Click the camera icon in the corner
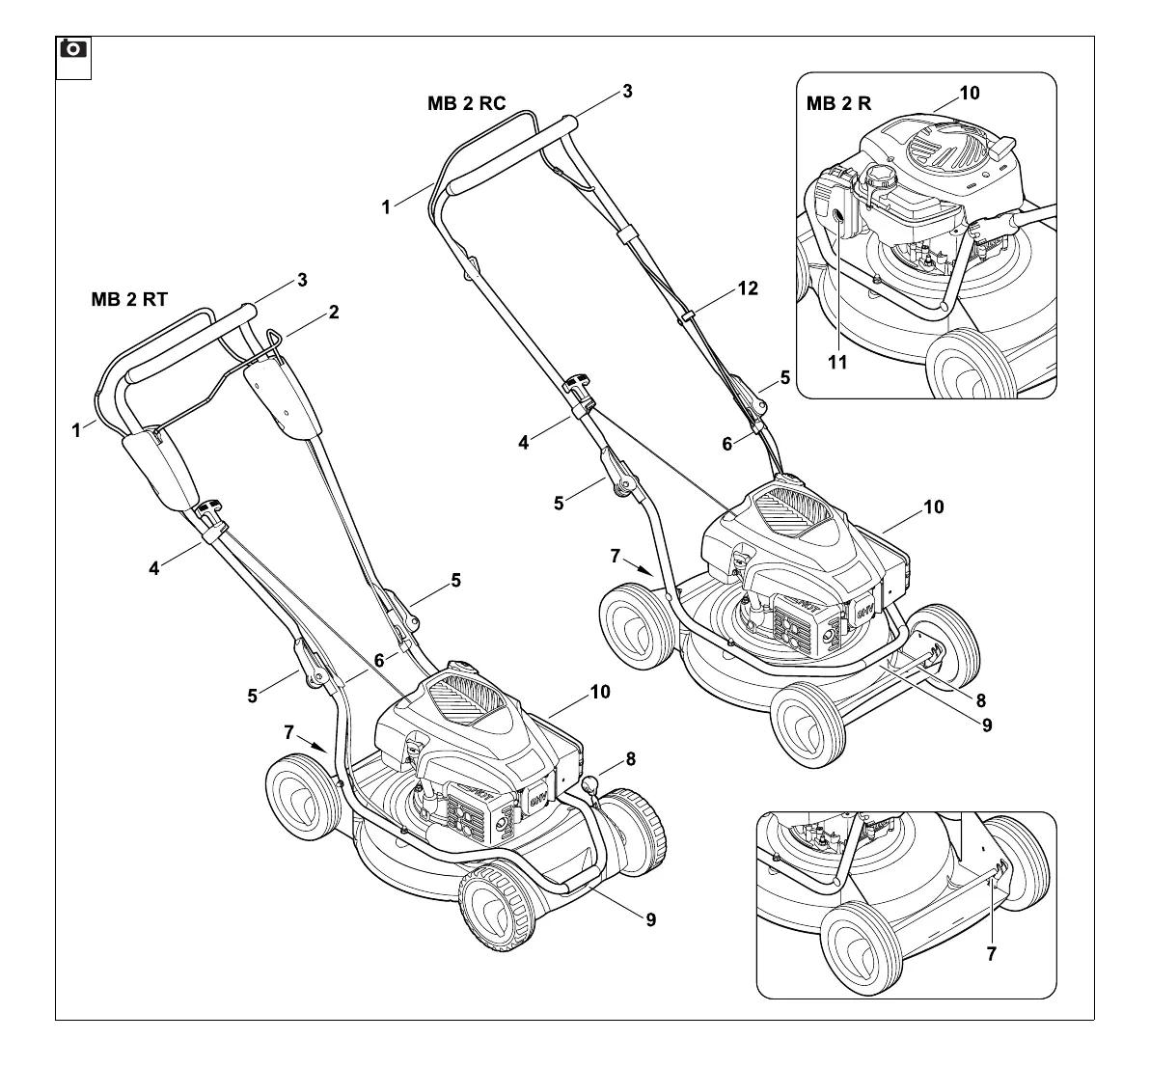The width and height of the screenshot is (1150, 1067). click(73, 47)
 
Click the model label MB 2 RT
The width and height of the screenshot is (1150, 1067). click(129, 299)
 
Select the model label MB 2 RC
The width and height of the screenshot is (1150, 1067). click(466, 104)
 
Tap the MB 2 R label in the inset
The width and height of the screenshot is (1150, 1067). click(838, 104)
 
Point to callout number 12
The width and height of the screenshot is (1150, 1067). click(748, 287)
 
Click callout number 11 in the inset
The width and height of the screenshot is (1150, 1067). click(836, 362)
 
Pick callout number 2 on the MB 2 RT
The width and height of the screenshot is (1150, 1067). click(333, 312)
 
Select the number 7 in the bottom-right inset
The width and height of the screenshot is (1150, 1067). click(992, 953)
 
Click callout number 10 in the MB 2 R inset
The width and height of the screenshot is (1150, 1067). click(970, 93)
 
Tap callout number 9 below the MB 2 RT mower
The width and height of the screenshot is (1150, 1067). click(650, 919)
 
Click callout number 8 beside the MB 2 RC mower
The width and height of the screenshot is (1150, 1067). click(980, 699)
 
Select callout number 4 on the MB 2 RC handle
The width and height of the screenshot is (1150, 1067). click(524, 443)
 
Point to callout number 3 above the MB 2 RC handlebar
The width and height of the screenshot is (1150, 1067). click(627, 92)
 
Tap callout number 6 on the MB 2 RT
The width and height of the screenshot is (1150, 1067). click(378, 660)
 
